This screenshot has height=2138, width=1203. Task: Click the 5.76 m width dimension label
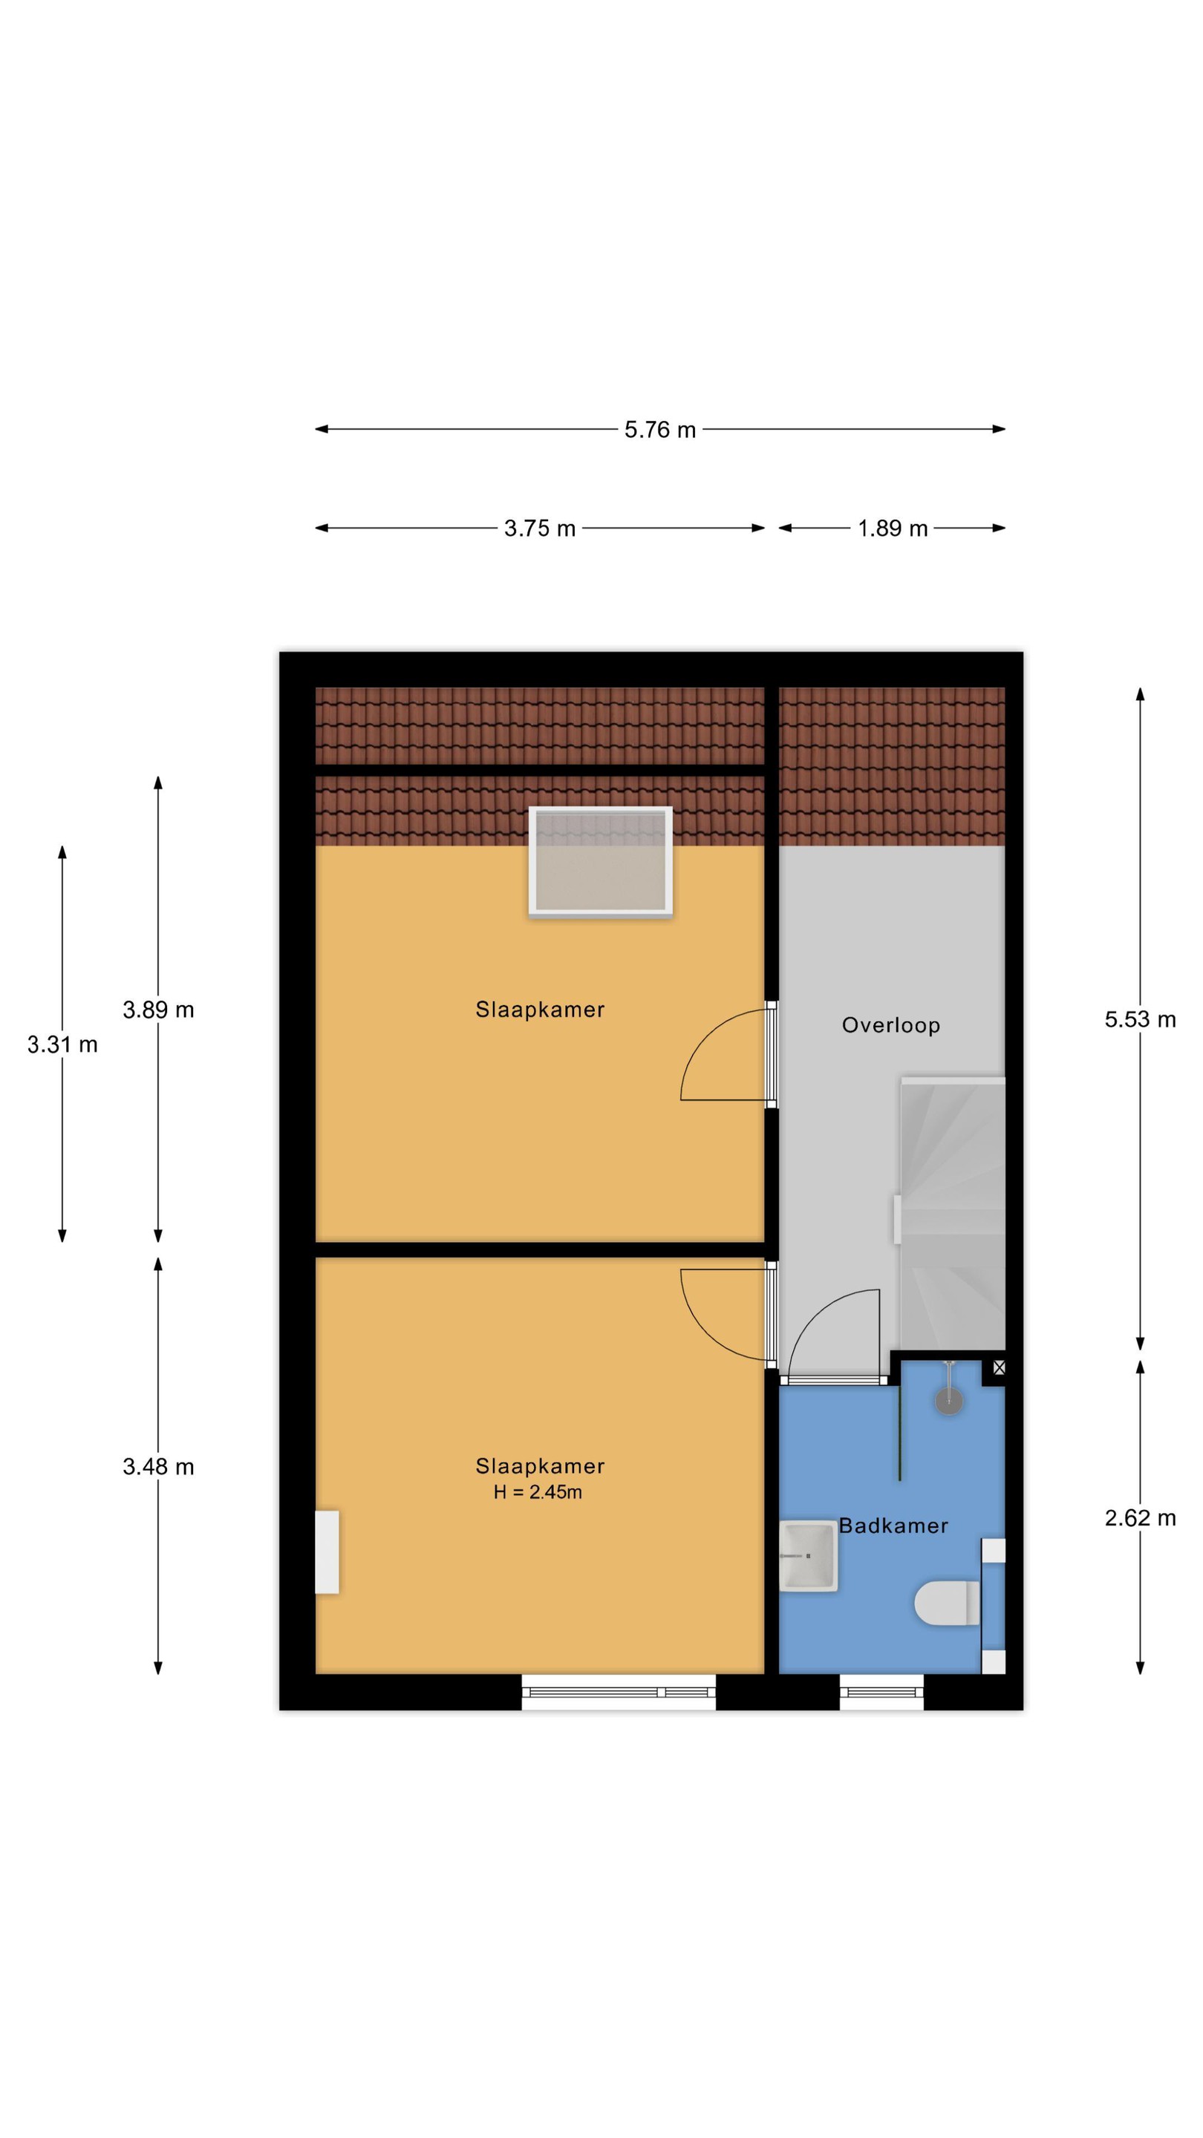coord(660,430)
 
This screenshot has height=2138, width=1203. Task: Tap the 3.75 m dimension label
coord(540,529)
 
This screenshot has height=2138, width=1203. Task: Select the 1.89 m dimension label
coord(893,529)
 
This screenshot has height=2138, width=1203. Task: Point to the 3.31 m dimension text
coord(62,1044)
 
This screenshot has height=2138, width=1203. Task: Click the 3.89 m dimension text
coord(159,1010)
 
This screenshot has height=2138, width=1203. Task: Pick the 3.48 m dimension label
coord(159,1467)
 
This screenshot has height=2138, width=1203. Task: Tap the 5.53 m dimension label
coord(1140,1019)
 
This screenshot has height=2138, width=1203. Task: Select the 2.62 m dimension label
coord(1140,1518)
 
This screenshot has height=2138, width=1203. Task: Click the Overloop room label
coord(891,1025)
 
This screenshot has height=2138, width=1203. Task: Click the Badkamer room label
coord(893,1526)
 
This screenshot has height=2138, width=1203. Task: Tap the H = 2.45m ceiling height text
coord(537,1491)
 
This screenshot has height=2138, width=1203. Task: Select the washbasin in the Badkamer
coord(808,1555)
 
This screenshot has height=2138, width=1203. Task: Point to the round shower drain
coord(949,1401)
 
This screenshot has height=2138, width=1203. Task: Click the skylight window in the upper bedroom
coord(600,861)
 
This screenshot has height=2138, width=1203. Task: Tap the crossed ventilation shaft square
coord(999,1367)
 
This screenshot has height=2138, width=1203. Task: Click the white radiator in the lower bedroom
coord(327,1552)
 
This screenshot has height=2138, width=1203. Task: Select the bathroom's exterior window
coord(881,1692)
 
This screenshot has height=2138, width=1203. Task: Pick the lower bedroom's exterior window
coord(619,1692)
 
